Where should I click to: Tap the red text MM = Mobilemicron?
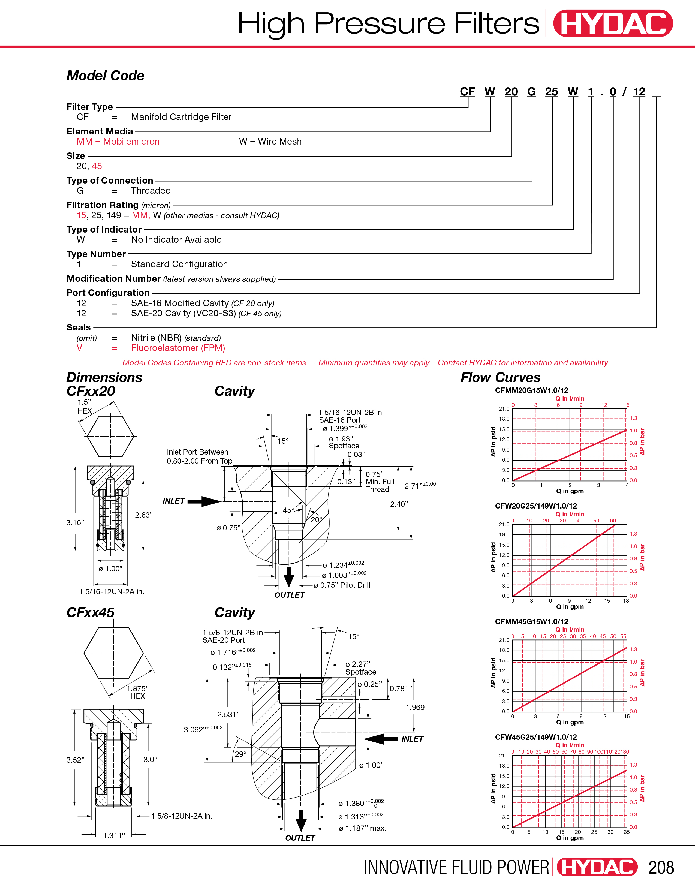(x=118, y=142)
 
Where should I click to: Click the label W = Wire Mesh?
(x=270, y=142)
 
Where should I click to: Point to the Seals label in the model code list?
(x=79, y=327)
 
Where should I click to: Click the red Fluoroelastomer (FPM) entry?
(x=178, y=348)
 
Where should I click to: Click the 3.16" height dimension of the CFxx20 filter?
(x=75, y=522)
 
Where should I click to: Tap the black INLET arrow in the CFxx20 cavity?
(x=205, y=501)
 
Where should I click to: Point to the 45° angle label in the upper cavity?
(x=288, y=510)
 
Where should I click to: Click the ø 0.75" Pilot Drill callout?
(x=342, y=585)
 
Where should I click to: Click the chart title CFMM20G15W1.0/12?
(x=531, y=390)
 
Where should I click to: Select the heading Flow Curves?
(x=500, y=378)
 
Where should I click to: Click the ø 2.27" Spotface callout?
(x=360, y=668)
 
